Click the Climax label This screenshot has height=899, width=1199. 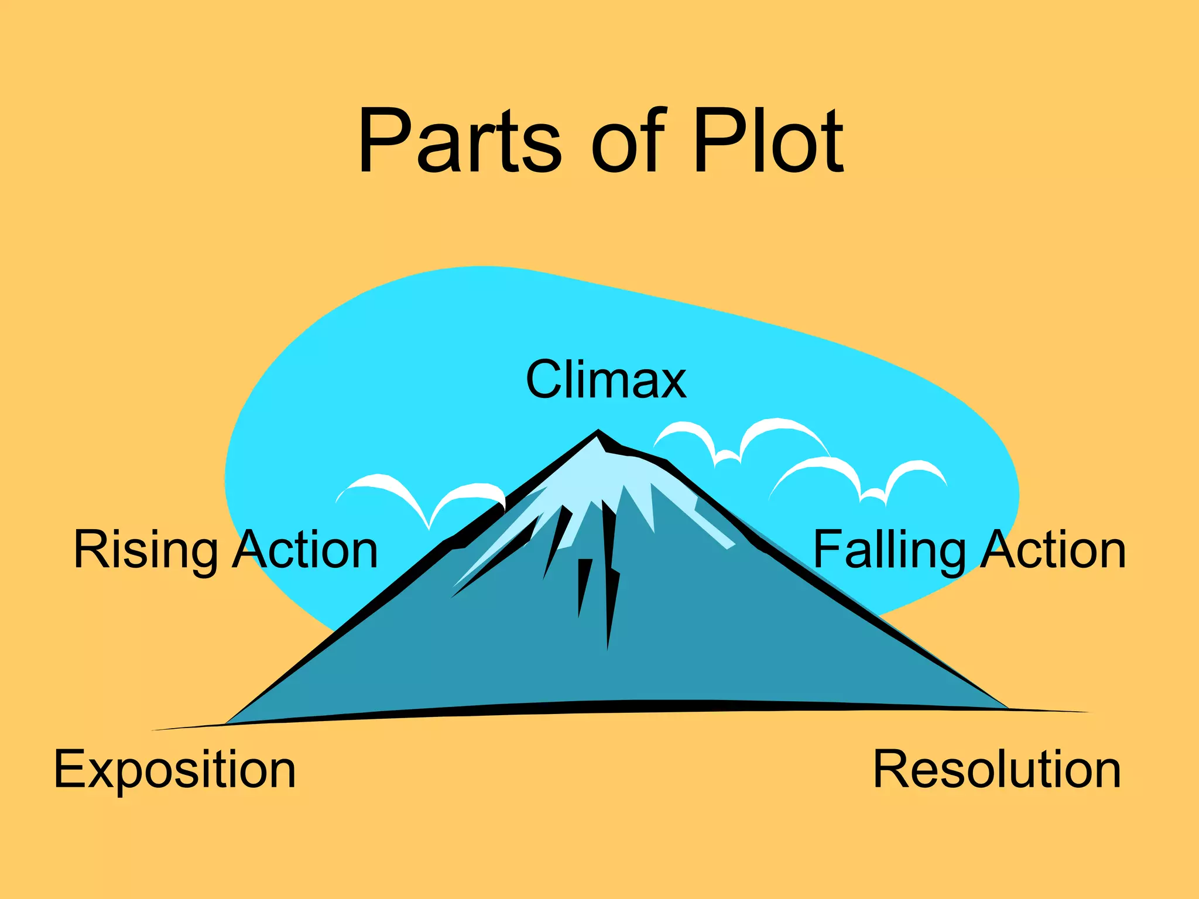pos(606,379)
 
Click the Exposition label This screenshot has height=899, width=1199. pos(174,770)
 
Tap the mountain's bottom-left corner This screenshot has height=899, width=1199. pos(226,723)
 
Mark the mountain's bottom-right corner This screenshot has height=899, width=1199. pos(1008,709)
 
